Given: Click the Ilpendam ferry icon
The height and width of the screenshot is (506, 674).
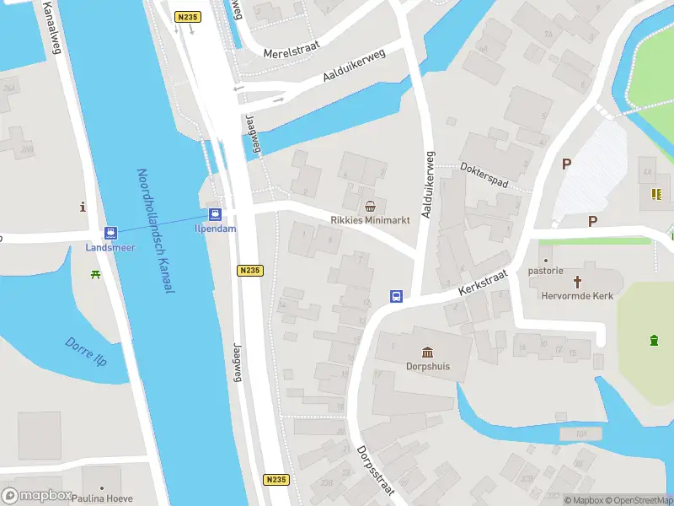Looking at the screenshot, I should coord(215,213).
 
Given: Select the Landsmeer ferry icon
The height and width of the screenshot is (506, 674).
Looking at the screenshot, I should coord(110,233).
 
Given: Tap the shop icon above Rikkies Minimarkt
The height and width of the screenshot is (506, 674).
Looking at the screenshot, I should coord(370,206).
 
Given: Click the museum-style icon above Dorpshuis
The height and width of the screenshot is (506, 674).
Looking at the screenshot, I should coord(427,352).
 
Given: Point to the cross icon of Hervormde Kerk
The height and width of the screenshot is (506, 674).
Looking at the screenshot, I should coord(578,281).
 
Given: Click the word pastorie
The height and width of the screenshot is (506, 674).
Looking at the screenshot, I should coord(545,271).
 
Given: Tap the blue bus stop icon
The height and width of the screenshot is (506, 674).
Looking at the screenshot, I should coord(395,296).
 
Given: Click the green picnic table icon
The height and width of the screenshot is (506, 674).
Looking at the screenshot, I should coord(97,274).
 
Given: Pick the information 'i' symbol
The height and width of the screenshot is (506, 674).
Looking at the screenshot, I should coord(83,207).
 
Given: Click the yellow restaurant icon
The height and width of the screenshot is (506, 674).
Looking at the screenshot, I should coord(655,195).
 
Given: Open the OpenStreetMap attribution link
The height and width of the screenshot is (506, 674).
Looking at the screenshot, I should coord(637,500).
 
